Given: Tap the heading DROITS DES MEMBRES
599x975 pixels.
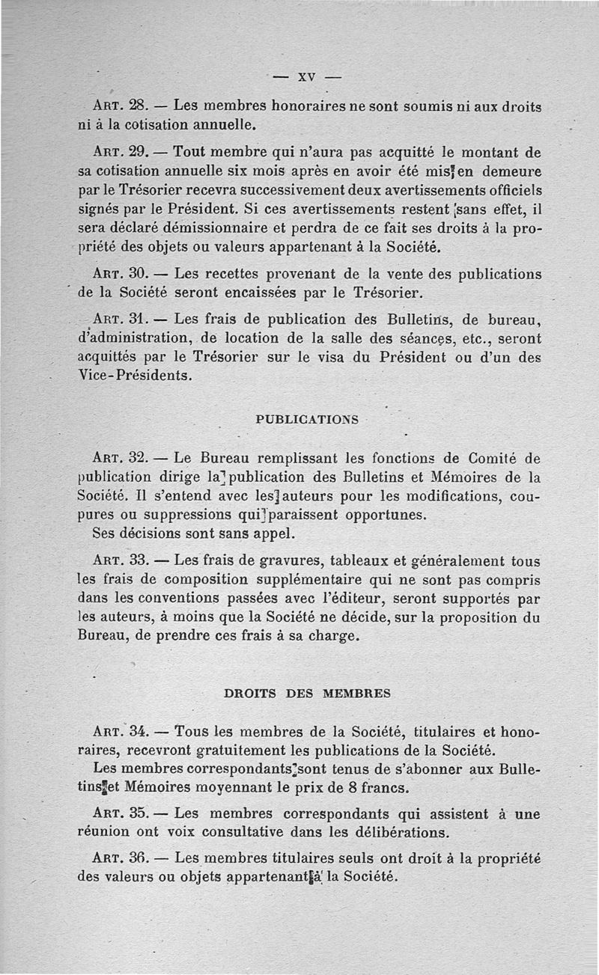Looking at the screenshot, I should pos(307,693).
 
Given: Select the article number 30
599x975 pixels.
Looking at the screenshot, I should pos(142,274).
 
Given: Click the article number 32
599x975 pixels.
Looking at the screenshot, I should pos(142,457).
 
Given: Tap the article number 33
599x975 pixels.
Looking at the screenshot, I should pos(141,560).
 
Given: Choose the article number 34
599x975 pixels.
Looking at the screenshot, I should pos(141,730).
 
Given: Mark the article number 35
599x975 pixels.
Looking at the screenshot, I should pos(141,814).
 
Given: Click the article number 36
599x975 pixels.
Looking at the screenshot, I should pos(142,859).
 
